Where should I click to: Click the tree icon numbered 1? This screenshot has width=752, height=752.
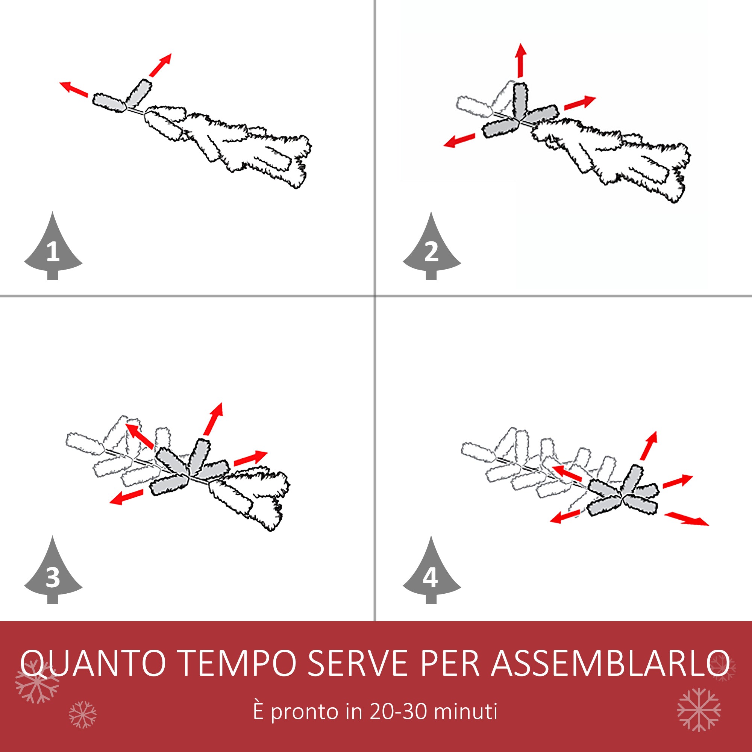53,249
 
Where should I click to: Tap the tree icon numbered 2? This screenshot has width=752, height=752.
431,249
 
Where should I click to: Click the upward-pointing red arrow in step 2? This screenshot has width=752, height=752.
520,60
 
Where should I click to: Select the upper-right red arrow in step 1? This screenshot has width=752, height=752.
161,65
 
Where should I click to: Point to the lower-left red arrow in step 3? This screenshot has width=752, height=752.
126,497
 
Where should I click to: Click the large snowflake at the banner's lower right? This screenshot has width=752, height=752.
699,710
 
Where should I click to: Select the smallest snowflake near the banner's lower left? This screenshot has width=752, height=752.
82,715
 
